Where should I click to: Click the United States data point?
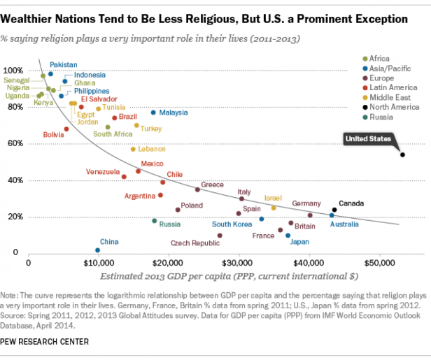pyautogui.click(x=402, y=154)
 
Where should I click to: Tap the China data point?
pyautogui.click(x=97, y=250)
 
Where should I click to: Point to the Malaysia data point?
pyautogui.click(x=153, y=113)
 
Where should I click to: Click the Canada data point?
pyautogui.click(x=334, y=210)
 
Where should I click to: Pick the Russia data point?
pyautogui.click(x=155, y=221)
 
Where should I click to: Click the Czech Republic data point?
pyautogui.click(x=220, y=236)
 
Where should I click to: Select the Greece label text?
pyautogui.click(x=212, y=185)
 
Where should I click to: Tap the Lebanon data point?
pyautogui.click(x=133, y=150)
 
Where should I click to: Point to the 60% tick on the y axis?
pyautogui.click(x=13, y=143)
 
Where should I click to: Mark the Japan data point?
pyautogui.click(x=288, y=236)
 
